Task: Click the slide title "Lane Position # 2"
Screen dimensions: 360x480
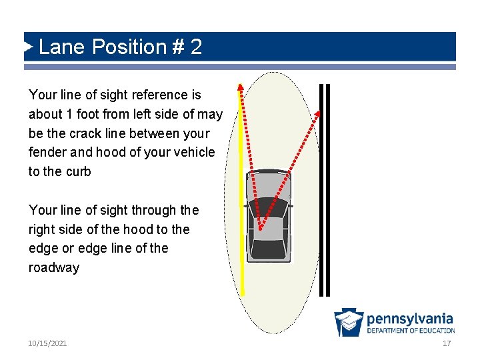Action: click(x=120, y=47)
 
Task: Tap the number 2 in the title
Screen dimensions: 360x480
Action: click(x=196, y=47)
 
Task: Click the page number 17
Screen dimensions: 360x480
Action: click(x=446, y=343)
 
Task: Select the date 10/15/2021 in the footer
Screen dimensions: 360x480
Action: click(x=47, y=343)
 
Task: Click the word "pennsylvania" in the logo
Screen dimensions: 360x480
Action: click(x=409, y=319)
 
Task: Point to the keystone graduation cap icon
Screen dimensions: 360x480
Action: click(x=349, y=322)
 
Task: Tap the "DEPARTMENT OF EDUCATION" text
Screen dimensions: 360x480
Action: click(x=411, y=330)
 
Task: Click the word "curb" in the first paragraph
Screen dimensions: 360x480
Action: click(x=79, y=171)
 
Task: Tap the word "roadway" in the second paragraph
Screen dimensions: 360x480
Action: click(x=53, y=267)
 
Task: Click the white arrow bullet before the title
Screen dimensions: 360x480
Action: click(x=29, y=47)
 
